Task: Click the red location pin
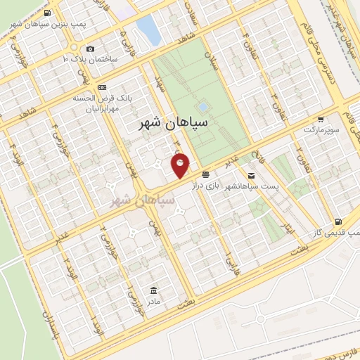[x=181, y=165]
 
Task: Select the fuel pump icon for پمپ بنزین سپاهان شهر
[x=46, y=13]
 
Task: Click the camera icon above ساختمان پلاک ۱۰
[x=90, y=49]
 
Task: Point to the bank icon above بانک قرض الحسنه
[x=103, y=86]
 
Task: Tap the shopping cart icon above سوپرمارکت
[x=321, y=120]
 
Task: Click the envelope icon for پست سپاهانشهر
[x=252, y=174]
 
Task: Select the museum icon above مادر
[x=153, y=290]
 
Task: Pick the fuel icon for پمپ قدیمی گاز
[x=340, y=221]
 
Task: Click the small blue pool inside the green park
[x=202, y=108]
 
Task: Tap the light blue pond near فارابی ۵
[x=148, y=30]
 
